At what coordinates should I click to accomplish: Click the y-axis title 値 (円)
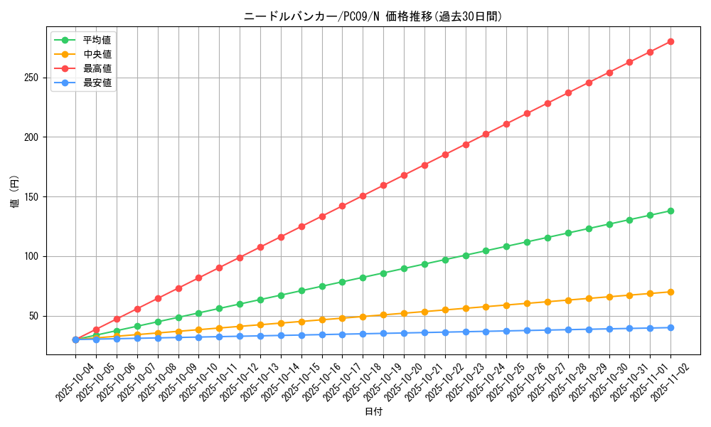point(16,193)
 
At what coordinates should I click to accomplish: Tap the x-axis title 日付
point(373,412)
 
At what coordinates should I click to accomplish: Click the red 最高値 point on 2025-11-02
point(670,41)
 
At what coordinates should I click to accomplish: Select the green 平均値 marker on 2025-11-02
point(670,211)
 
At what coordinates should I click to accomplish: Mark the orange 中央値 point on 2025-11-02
point(670,292)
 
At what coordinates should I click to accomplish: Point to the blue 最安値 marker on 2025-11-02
point(670,327)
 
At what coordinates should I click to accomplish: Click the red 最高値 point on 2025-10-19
point(383,185)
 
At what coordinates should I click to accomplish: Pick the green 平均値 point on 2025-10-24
point(486,251)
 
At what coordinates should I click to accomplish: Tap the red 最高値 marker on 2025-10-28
point(568,93)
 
